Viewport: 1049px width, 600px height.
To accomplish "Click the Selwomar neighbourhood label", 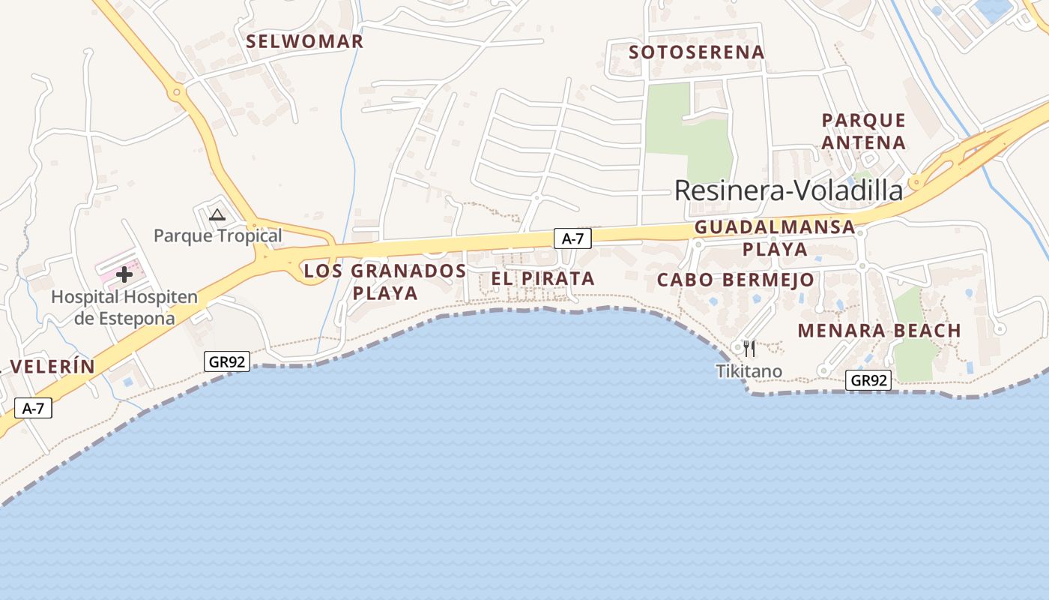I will (x=305, y=41).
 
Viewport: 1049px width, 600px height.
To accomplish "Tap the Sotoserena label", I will (x=697, y=52).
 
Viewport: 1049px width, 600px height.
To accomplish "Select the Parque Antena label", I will (x=864, y=131).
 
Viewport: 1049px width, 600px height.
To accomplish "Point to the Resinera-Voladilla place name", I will (x=789, y=190).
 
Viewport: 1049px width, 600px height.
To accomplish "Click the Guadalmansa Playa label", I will (x=775, y=238).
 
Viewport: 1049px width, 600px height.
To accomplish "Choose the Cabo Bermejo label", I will (x=735, y=280).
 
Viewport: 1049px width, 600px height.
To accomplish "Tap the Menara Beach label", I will (x=879, y=330).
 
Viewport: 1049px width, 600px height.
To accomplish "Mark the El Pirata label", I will (x=543, y=278).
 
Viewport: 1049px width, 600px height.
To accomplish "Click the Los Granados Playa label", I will (x=385, y=281).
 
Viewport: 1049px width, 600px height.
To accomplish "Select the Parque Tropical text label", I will (x=217, y=235).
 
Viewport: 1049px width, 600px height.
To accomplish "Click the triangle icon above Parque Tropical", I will (x=217, y=214).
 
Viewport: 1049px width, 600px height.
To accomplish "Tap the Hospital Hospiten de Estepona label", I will (x=124, y=307).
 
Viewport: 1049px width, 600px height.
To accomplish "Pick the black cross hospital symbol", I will (x=124, y=274).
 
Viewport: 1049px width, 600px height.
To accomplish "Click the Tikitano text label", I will (x=749, y=370).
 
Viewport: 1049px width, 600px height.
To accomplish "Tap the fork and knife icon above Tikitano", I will (x=749, y=348).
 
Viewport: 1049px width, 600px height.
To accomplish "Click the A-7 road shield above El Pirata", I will (x=572, y=238).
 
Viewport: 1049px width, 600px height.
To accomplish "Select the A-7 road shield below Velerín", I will (x=33, y=408).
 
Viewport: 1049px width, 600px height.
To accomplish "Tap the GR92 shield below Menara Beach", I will (x=869, y=380).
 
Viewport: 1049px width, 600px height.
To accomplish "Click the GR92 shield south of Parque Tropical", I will (x=227, y=361).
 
